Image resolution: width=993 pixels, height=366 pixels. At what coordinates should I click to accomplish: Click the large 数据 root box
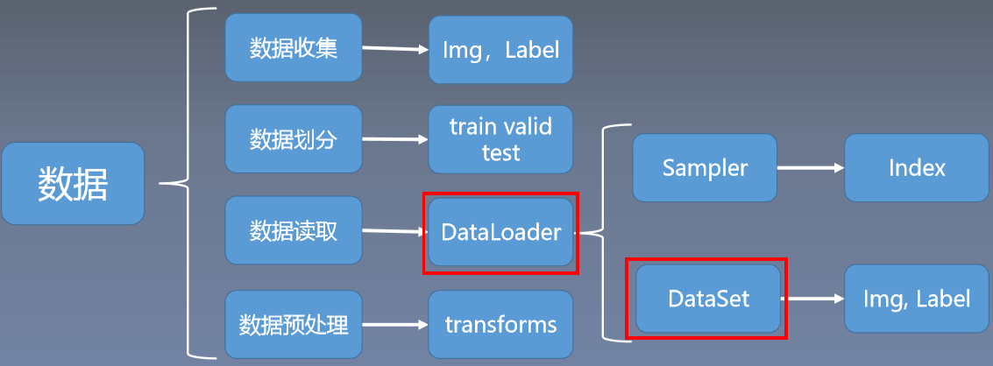pyautogui.click(x=73, y=183)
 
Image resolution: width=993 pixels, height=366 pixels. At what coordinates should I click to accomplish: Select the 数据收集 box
pyautogui.click(x=294, y=47)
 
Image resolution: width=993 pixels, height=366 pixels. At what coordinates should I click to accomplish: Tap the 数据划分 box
pyautogui.click(x=294, y=138)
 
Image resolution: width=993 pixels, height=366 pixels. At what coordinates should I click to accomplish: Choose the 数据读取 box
pyautogui.click(x=294, y=230)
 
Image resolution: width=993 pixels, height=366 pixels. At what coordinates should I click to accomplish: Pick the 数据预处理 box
pyautogui.click(x=294, y=325)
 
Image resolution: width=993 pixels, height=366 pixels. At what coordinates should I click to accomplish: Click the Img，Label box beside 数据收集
pyautogui.click(x=500, y=50)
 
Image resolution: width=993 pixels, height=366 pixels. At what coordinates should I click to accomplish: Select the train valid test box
pyautogui.click(x=500, y=139)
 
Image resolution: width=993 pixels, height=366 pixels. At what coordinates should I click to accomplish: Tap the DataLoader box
pyautogui.click(x=500, y=233)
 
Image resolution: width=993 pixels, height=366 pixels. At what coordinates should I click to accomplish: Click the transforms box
pyautogui.click(x=500, y=325)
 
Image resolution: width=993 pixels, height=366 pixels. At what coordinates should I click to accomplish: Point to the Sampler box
pyautogui.click(x=705, y=167)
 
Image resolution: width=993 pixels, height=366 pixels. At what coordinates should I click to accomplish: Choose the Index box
pyautogui.click(x=917, y=167)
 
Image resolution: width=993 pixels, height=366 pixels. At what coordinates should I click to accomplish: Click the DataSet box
pyautogui.click(x=708, y=299)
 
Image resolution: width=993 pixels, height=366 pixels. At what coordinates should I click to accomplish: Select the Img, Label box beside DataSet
pyautogui.click(x=917, y=299)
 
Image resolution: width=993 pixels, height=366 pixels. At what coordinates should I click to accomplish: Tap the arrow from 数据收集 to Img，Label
pyautogui.click(x=394, y=49)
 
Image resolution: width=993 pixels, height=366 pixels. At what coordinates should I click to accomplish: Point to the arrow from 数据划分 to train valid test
pyautogui.click(x=394, y=138)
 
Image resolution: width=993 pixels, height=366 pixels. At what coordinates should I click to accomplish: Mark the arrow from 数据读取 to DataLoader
pyautogui.click(x=394, y=232)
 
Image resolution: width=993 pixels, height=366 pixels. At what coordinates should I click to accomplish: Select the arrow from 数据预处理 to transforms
pyautogui.click(x=394, y=325)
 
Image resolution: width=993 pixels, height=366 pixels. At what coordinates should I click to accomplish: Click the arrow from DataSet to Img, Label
pyautogui.click(x=813, y=299)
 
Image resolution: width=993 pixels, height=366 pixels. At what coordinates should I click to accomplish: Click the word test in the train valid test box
pyautogui.click(x=500, y=152)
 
